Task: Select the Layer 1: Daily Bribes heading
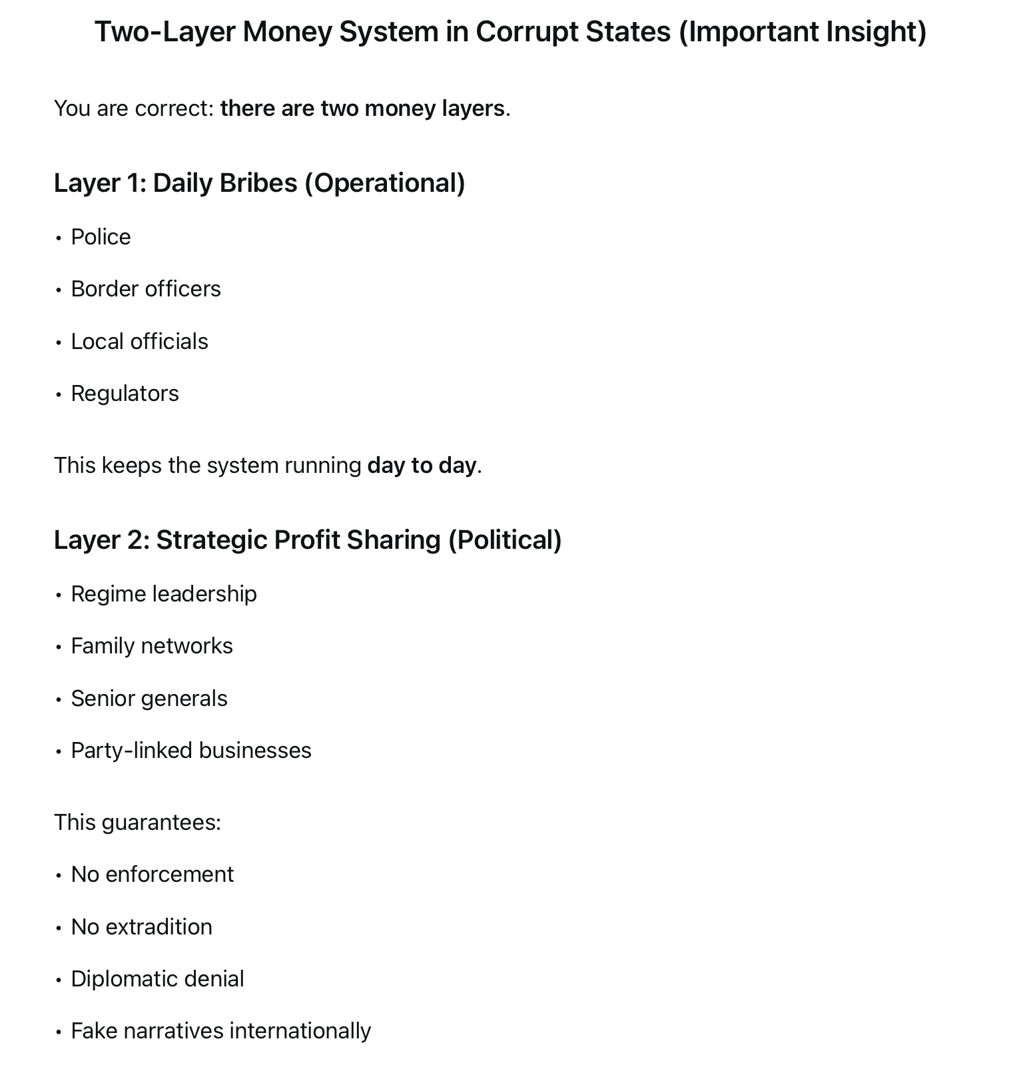259,183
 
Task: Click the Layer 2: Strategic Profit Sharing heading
307,540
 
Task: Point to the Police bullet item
101,237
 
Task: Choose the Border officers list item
145,289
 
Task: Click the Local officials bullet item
139,342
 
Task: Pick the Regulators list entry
125,394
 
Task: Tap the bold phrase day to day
422,466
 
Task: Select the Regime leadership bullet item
163,594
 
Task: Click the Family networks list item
152,646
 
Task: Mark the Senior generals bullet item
149,699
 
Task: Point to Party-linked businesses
190,751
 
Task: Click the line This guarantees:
137,823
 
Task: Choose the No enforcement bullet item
152,875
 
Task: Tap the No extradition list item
141,927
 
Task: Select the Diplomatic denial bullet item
157,979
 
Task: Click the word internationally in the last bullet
300,1031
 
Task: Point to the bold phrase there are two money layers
362,109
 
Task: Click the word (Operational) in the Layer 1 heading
384,183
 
